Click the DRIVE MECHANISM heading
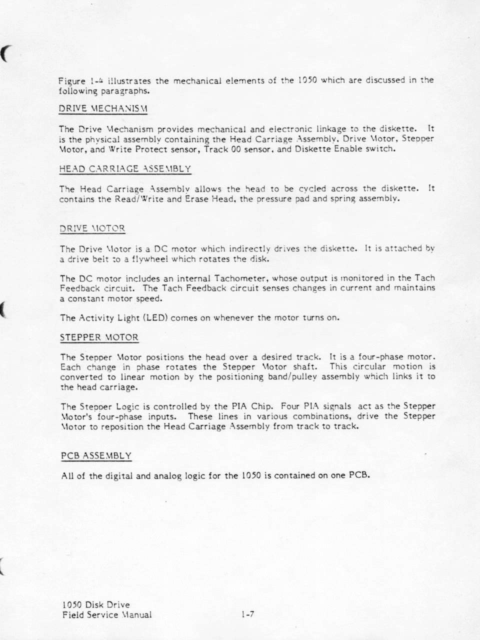point(103,108)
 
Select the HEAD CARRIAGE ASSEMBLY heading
point(125,169)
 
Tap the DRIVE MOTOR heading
point(92,228)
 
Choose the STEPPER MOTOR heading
point(99,337)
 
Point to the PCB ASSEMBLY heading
point(96,455)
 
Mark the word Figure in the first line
point(72,80)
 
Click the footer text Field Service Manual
point(105,615)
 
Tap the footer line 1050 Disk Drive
point(94,605)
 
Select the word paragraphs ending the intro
point(125,90)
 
